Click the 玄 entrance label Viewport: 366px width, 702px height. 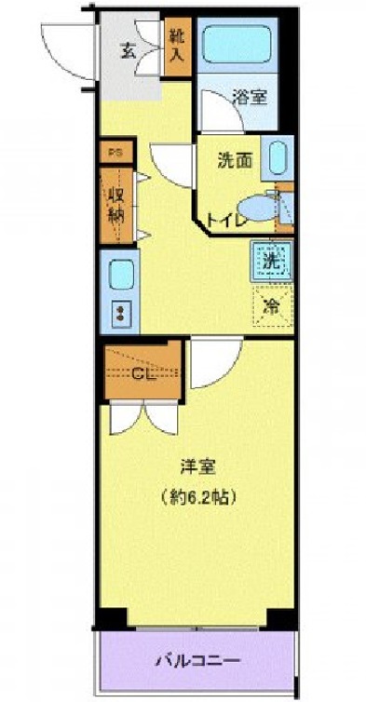click(127, 51)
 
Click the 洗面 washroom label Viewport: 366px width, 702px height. click(235, 159)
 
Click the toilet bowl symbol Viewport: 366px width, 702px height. click(254, 207)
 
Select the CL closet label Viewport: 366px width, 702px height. click(142, 375)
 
